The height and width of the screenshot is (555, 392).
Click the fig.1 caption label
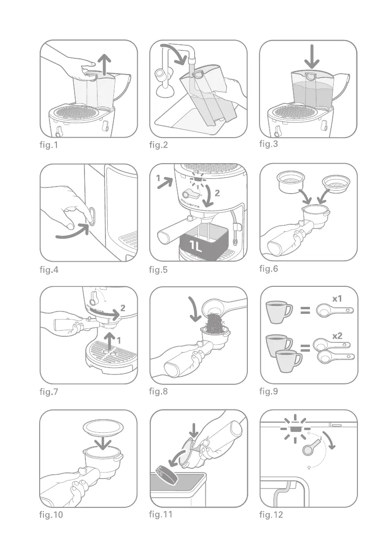[x=49, y=145]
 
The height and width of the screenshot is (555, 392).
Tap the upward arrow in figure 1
[x=105, y=64]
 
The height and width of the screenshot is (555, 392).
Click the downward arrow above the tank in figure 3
[x=312, y=56]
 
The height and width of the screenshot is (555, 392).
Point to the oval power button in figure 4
[x=92, y=216]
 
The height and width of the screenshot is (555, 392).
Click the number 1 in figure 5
[x=158, y=178]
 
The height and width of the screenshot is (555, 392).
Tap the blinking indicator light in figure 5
[x=197, y=179]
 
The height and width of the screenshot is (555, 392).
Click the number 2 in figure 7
[x=123, y=308]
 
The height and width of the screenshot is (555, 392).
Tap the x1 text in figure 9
[x=337, y=299]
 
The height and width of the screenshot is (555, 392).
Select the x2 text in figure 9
[x=337, y=335]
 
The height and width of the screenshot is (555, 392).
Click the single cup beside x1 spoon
[x=279, y=312]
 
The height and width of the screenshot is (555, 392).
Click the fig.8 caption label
[x=158, y=391]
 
